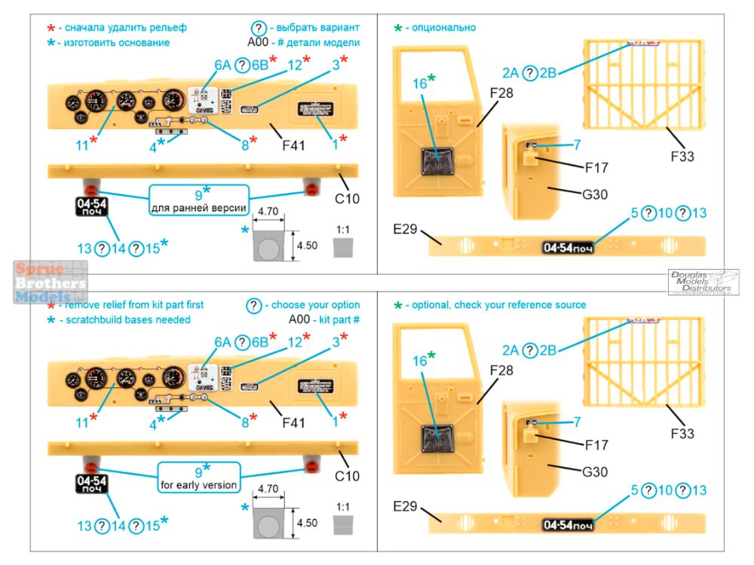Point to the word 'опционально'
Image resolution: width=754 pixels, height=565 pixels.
click(x=445, y=28)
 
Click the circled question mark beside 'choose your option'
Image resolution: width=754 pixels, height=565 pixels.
click(x=255, y=305)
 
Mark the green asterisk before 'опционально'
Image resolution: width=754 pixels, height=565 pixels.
click(x=398, y=29)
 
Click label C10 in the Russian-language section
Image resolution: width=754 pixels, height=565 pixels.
click(x=348, y=199)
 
